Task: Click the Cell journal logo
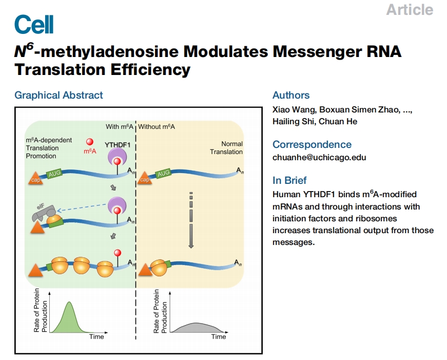click(x=34, y=24)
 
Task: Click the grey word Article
click(x=410, y=10)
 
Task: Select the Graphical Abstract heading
click(x=59, y=95)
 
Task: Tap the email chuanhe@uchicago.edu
click(x=319, y=158)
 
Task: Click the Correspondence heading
click(x=312, y=144)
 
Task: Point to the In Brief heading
click(x=289, y=180)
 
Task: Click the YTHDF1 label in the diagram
click(x=118, y=145)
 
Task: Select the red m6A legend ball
click(x=90, y=142)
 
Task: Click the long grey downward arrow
click(x=191, y=220)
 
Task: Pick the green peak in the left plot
click(x=69, y=317)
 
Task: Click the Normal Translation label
click(x=226, y=148)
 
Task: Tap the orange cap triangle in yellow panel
click(x=145, y=179)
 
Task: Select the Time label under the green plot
click(x=96, y=336)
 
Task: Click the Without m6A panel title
click(x=157, y=127)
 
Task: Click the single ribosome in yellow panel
click(x=158, y=267)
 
